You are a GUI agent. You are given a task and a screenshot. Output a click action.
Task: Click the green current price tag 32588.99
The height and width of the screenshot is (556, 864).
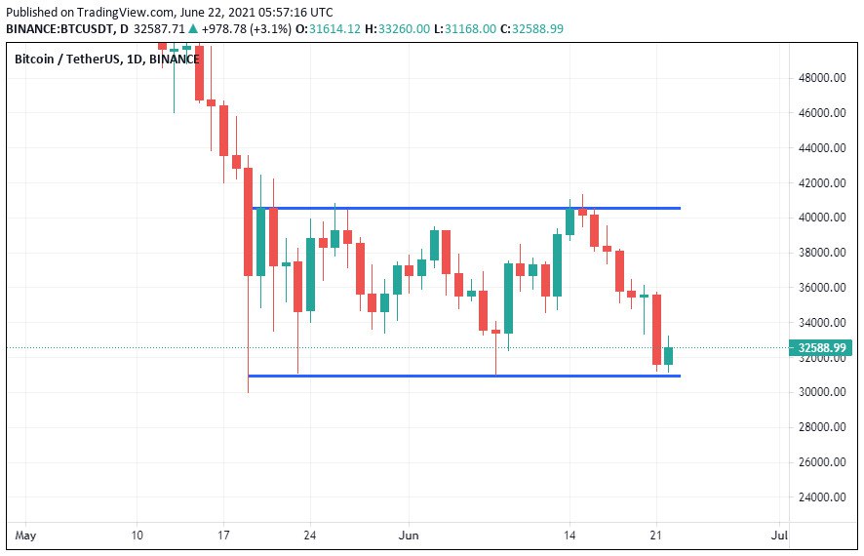820,347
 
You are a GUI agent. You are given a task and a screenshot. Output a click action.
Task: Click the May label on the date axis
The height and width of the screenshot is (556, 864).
26,536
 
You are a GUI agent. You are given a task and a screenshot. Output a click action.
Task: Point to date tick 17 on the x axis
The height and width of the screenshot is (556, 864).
223,536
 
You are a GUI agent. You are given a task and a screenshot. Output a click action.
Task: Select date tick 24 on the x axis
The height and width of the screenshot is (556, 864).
310,536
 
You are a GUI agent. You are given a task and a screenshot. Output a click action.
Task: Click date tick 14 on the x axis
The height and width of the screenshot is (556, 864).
569,536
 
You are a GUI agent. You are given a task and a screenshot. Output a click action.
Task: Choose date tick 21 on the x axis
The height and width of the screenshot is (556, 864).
656,536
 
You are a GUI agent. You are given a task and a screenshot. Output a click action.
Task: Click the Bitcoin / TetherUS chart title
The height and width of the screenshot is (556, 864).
106,60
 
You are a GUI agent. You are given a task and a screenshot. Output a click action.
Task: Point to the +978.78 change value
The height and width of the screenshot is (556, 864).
228,29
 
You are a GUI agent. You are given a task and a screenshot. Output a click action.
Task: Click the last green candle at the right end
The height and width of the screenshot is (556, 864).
669,355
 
